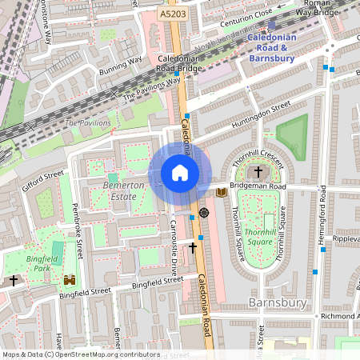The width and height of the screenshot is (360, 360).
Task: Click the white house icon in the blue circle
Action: (x=180, y=173)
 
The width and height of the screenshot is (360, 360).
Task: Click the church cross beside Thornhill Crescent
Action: (x=258, y=171)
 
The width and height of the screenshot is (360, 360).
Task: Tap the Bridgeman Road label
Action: (x=257, y=186)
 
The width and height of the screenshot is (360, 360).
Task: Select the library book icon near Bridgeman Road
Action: (x=222, y=192)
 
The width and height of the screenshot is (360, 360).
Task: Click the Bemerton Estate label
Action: (x=124, y=190)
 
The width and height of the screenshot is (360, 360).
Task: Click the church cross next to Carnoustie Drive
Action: (x=192, y=249)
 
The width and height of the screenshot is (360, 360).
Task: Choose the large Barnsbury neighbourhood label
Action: (x=277, y=302)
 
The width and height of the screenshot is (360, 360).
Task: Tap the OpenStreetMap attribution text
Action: (x=81, y=354)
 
